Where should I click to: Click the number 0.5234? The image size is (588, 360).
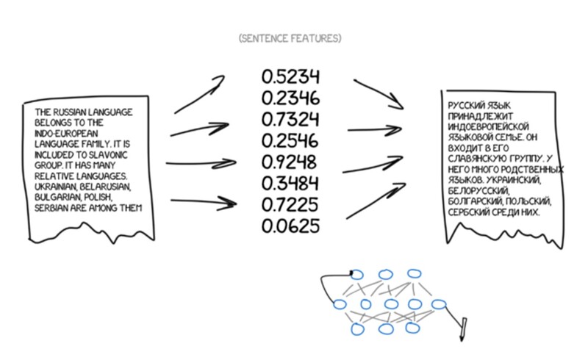[290, 77]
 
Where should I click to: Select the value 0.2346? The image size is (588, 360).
[290, 98]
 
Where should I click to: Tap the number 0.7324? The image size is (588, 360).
[290, 119]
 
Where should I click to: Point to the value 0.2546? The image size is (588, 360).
[290, 140]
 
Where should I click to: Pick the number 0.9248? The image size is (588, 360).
[290, 162]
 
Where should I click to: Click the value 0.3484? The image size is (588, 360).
[290, 183]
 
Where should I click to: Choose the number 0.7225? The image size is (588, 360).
[290, 204]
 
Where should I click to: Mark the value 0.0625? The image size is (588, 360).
[290, 226]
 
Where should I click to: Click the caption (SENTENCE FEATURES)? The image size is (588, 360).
[290, 37]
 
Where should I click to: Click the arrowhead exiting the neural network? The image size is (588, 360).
[463, 334]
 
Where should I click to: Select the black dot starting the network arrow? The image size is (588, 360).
[352, 274]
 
